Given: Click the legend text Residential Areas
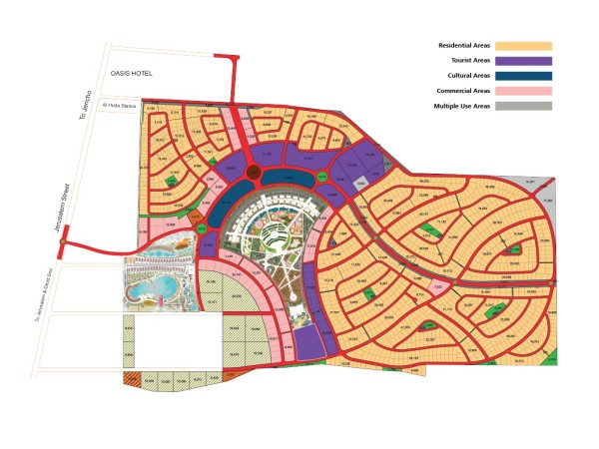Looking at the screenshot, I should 466,46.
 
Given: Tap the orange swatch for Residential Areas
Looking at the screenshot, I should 527,46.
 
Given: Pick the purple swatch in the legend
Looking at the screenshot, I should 527,61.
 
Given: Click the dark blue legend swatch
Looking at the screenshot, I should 527,76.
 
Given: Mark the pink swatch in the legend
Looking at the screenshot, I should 527,91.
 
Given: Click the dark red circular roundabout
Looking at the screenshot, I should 254,175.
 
